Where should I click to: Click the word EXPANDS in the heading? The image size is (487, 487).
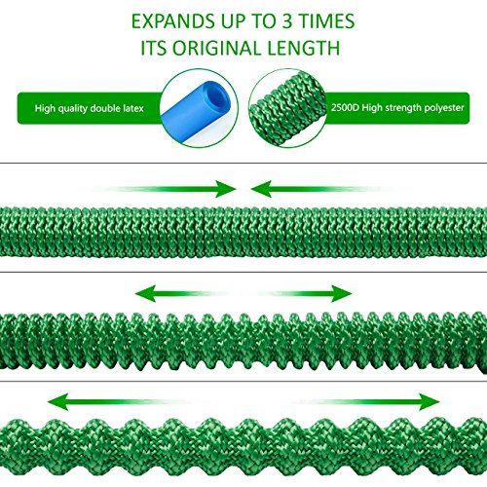(173, 21)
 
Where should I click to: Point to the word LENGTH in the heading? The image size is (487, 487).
(304, 48)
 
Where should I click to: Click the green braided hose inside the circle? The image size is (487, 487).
(287, 108)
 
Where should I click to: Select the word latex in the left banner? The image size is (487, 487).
(133, 108)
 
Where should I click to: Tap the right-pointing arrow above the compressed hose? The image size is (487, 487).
(165, 189)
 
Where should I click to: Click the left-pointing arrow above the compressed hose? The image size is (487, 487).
(321, 189)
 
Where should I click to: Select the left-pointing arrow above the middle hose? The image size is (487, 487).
(182, 294)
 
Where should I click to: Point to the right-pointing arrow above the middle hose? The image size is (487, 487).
(305, 294)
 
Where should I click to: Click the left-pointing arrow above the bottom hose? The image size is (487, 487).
(120, 402)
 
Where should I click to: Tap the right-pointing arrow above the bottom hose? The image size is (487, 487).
(367, 402)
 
